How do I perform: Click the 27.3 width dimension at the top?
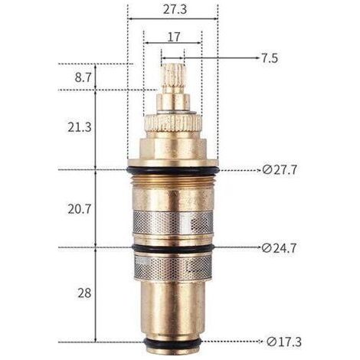pyautogui.click(x=175, y=9)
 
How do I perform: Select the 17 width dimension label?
pyautogui.click(x=174, y=37)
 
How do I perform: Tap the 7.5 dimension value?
pyautogui.click(x=269, y=58)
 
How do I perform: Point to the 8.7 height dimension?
pyautogui.click(x=83, y=77)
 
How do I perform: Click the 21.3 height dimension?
pyautogui.click(x=80, y=127)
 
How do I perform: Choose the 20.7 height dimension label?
pyautogui.click(x=80, y=209)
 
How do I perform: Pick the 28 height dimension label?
pyautogui.click(x=84, y=293)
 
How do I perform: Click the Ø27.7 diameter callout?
pyautogui.click(x=280, y=170)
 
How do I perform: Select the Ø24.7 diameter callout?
pyautogui.click(x=279, y=248)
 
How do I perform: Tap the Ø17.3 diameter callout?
pyautogui.click(x=284, y=342)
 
